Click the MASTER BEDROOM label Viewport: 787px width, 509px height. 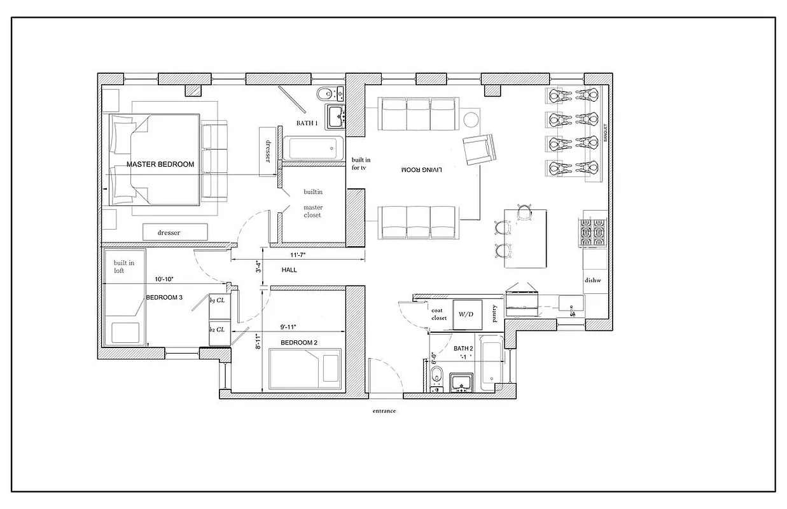160,164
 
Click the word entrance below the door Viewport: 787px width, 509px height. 384,411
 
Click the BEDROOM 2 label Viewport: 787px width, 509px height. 299,342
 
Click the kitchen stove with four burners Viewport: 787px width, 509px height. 591,234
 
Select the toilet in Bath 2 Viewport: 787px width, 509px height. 435,377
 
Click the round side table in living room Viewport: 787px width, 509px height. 471,120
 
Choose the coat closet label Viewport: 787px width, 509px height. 439,314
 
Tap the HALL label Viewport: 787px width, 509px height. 289,270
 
